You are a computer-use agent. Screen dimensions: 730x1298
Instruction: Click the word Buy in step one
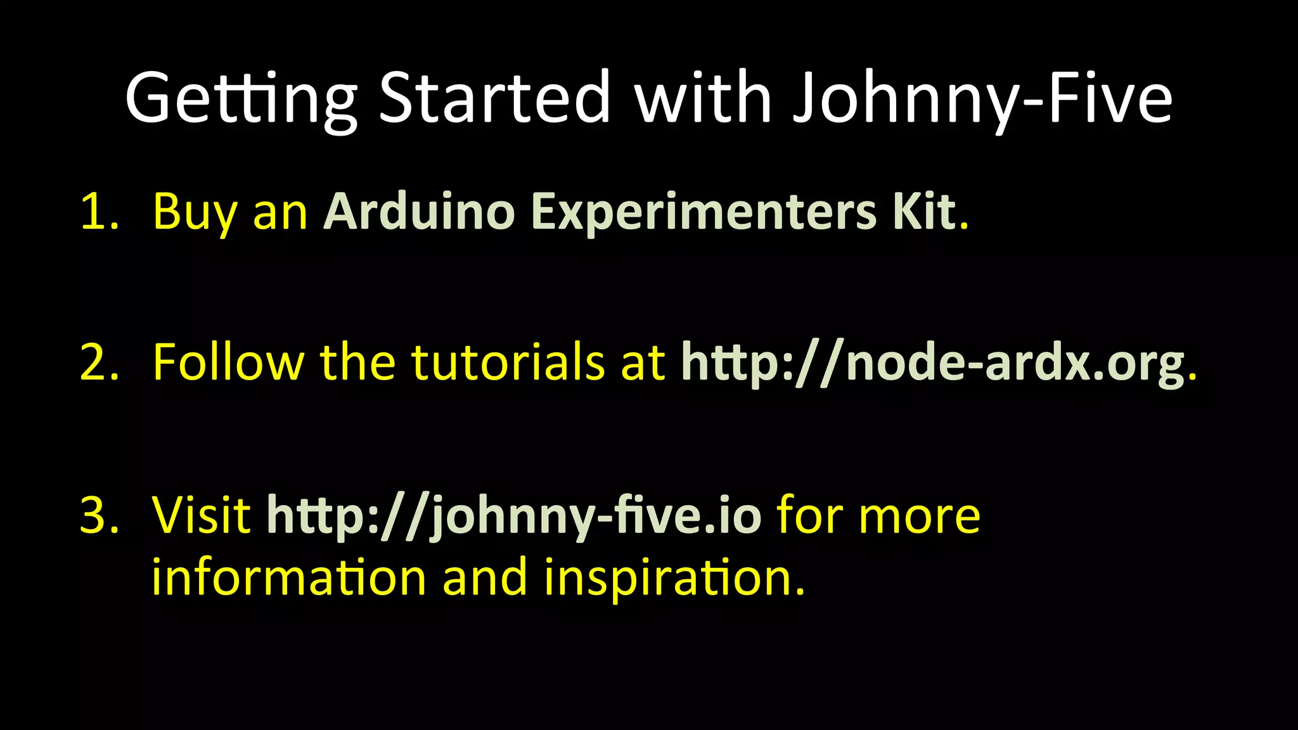(194, 213)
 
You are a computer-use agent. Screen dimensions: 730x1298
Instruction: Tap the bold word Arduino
(419, 212)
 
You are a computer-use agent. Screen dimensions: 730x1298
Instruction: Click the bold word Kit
(930, 212)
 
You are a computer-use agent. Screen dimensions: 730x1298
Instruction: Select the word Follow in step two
(228, 362)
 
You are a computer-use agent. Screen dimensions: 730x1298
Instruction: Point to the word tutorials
(508, 362)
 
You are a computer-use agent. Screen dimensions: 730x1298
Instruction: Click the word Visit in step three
(202, 515)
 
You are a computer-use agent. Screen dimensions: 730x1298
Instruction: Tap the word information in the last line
(289, 577)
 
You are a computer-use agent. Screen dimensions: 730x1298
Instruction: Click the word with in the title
(703, 98)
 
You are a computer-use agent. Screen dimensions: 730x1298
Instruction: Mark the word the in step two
(357, 362)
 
